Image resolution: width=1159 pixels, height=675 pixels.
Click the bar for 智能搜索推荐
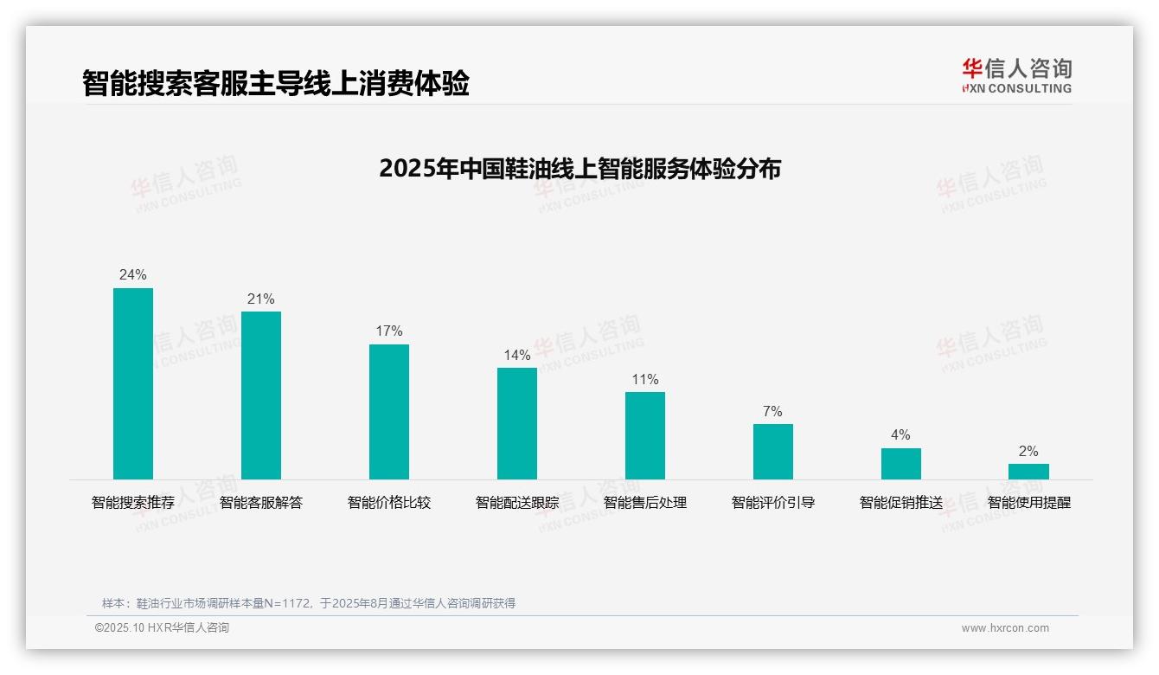pyautogui.click(x=133, y=383)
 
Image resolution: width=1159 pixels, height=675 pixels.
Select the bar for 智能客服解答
pyautogui.click(x=261, y=395)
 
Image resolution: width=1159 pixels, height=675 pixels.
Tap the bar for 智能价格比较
pyautogui.click(x=389, y=411)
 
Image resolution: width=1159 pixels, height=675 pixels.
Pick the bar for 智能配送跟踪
pyautogui.click(x=517, y=423)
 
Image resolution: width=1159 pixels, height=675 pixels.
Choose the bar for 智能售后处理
pyautogui.click(x=645, y=435)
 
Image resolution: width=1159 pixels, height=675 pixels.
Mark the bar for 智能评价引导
pyautogui.click(x=773, y=451)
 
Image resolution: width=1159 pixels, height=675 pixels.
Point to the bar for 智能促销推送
pyautogui.click(x=901, y=463)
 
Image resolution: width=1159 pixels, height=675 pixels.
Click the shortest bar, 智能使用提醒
pyautogui.click(x=1028, y=472)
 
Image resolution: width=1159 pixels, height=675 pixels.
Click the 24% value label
pyautogui.click(x=133, y=275)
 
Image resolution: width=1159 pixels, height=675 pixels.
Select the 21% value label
pyautogui.click(x=261, y=299)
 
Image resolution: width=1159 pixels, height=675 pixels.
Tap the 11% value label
pyautogui.click(x=645, y=380)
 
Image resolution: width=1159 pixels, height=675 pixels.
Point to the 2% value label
pyautogui.click(x=1028, y=452)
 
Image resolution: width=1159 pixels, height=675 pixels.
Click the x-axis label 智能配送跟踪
pyautogui.click(x=517, y=503)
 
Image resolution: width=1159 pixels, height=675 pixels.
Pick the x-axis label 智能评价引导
pyautogui.click(x=773, y=503)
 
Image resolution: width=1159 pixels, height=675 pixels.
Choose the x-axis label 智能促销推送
pyautogui.click(x=901, y=503)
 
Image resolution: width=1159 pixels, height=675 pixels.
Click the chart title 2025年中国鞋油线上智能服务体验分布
pyautogui.click(x=579, y=169)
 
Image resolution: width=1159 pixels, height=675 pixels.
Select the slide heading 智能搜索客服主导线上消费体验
pyautogui.click(x=276, y=84)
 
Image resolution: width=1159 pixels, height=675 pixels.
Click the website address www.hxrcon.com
pyautogui.click(x=1005, y=628)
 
